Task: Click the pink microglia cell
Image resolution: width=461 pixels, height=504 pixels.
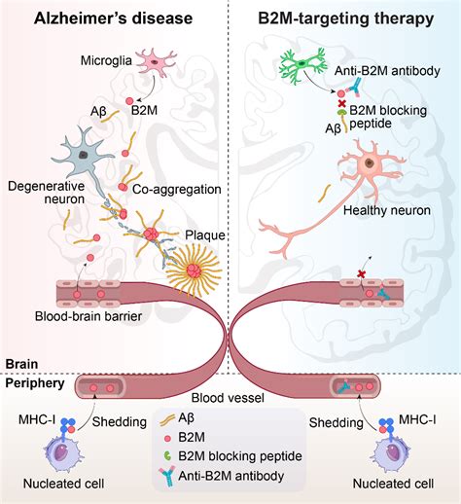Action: pyautogui.click(x=156, y=62)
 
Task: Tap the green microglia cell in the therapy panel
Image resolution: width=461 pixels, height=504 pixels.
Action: pyautogui.click(x=302, y=65)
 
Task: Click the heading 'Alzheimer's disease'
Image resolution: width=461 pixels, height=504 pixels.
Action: pyautogui.click(x=113, y=18)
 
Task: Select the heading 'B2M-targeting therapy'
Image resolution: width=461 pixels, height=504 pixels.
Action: pyautogui.click(x=345, y=18)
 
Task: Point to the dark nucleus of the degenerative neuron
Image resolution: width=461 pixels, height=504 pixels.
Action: pyautogui.click(x=84, y=156)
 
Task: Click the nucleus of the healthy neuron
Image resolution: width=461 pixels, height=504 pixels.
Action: pyautogui.click(x=369, y=162)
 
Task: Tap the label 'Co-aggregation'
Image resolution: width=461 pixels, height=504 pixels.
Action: pyautogui.click(x=177, y=190)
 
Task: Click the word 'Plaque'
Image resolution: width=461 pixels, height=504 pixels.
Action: pyautogui.click(x=205, y=235)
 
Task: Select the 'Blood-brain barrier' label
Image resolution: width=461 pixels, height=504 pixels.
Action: pyautogui.click(x=89, y=316)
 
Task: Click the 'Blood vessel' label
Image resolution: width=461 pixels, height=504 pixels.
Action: pyautogui.click(x=228, y=398)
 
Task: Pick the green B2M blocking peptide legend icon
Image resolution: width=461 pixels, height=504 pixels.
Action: pyautogui.click(x=167, y=456)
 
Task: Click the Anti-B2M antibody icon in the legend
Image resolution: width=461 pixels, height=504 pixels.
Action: pyautogui.click(x=167, y=476)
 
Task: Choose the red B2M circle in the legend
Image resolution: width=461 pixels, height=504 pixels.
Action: pyautogui.click(x=167, y=439)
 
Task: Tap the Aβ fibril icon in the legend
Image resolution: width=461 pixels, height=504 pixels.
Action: pyautogui.click(x=168, y=420)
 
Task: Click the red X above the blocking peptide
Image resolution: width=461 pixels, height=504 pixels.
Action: pyautogui.click(x=341, y=104)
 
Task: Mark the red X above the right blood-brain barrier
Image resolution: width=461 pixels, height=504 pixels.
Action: pyautogui.click(x=361, y=274)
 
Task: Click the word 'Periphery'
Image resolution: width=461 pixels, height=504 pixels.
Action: pyautogui.click(x=35, y=383)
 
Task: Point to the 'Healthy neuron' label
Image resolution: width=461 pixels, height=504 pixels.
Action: pyautogui.click(x=387, y=210)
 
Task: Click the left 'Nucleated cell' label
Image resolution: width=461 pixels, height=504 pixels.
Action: pyautogui.click(x=63, y=484)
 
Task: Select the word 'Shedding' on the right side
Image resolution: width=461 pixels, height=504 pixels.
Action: pyautogui.click(x=337, y=422)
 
